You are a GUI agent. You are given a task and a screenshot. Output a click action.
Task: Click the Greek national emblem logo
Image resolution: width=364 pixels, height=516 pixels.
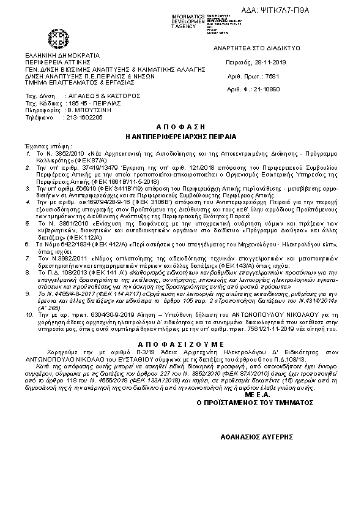point(60,41)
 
